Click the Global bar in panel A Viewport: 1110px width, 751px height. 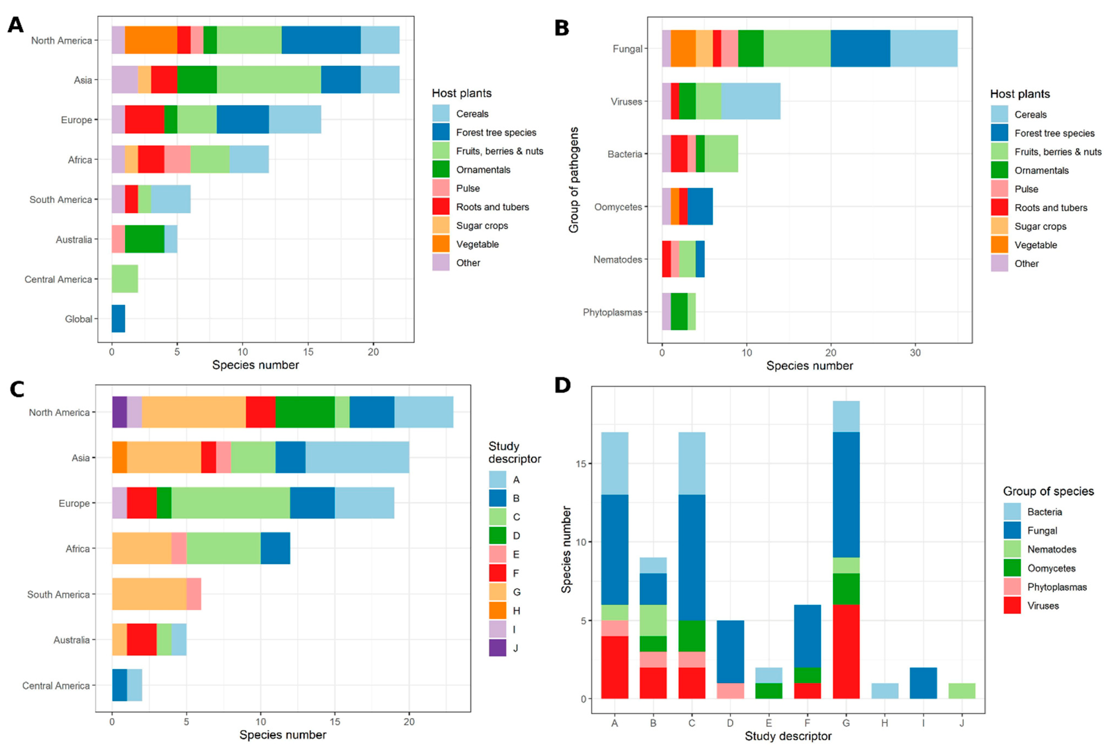[x=118, y=319]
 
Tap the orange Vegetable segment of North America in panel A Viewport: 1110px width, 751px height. [x=151, y=40]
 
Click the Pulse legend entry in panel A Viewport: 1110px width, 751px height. [x=468, y=188]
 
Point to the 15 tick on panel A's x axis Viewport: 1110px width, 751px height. [x=308, y=352]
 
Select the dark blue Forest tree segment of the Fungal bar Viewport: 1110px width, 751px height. [x=860, y=48]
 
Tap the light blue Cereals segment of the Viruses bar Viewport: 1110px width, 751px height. [x=750, y=101]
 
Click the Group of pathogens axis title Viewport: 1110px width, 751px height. [x=574, y=180]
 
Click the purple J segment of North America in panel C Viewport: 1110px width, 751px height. [x=119, y=412]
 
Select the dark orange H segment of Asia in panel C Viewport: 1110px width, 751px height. [x=119, y=457]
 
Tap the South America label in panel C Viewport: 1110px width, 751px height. [x=58, y=594]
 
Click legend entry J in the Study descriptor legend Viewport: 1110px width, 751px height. [x=515, y=648]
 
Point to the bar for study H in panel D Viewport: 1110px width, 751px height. [x=884, y=691]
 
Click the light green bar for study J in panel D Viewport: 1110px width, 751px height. [x=962, y=691]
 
